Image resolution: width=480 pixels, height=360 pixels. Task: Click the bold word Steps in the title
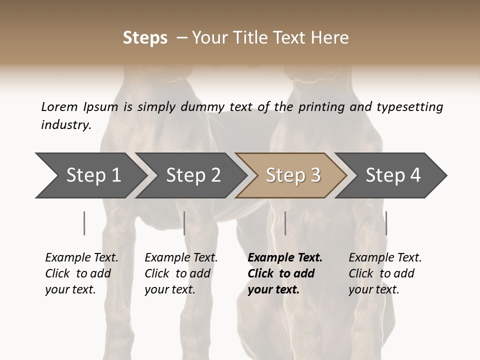pyautogui.click(x=145, y=37)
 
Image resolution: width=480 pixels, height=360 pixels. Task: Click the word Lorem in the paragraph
pyautogui.click(x=59, y=106)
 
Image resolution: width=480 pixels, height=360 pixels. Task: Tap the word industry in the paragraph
pyautogui.click(x=66, y=124)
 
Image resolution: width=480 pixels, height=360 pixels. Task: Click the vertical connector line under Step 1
pyautogui.click(x=84, y=223)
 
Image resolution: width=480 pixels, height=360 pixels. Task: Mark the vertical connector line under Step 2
pyautogui.click(x=184, y=223)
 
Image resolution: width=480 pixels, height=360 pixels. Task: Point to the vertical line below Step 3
pyautogui.click(x=285, y=223)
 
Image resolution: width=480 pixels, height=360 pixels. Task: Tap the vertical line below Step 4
pyautogui.click(x=386, y=223)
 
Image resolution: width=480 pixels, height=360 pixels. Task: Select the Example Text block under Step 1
pyautogui.click(x=81, y=273)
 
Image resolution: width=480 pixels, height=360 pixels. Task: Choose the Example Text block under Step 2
pyautogui.click(x=181, y=273)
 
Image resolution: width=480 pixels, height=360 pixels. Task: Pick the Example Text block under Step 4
pyautogui.click(x=385, y=273)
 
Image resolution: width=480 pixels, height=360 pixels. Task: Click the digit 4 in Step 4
pyautogui.click(x=415, y=175)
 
